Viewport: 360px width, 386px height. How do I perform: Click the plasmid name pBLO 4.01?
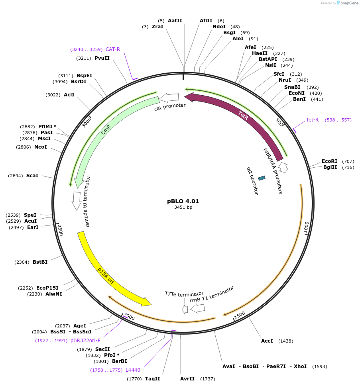coord(183,201)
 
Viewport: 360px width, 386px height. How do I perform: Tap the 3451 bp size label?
coord(183,208)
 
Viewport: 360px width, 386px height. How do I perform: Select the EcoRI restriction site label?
coord(330,161)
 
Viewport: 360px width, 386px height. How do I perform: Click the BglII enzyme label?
coord(330,167)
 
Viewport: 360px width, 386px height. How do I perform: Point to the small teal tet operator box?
coord(262,178)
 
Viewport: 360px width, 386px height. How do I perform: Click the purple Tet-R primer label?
coord(312,120)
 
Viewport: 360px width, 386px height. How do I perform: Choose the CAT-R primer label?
coord(112,49)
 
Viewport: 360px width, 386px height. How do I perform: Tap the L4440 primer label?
coord(133,370)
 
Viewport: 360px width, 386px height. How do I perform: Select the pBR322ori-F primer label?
coord(85,341)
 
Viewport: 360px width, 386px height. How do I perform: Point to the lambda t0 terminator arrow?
coord(77,201)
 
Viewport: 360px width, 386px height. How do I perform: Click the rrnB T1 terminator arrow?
coord(198,308)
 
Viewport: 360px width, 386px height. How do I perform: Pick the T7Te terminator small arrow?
coord(185,309)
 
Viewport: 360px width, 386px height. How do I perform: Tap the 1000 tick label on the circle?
coord(306,228)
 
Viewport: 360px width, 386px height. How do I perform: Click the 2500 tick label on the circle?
coord(60,230)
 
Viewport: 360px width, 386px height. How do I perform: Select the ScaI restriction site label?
coord(32,176)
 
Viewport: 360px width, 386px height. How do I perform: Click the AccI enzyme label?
coord(267,341)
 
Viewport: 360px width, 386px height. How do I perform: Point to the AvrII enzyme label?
coord(187,379)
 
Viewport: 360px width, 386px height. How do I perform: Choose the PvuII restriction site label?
coord(102,58)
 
